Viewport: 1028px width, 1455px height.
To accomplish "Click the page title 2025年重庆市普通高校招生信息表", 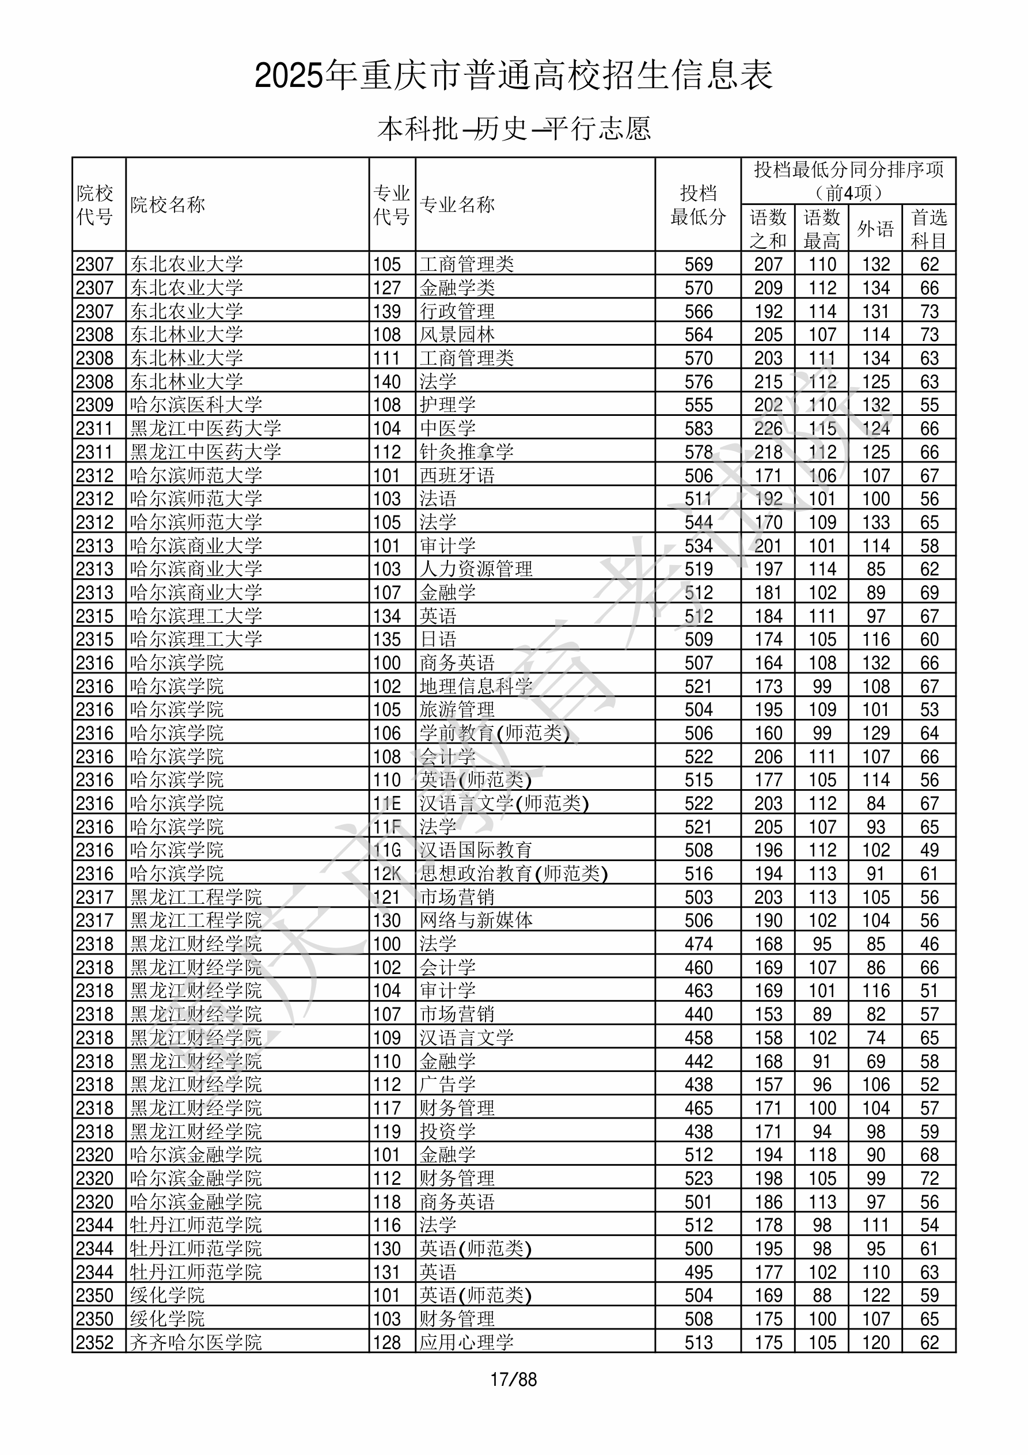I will click(x=513, y=76).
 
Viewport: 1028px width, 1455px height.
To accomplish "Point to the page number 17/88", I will click(x=513, y=1379).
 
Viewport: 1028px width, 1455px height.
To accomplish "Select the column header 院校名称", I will click(x=168, y=204).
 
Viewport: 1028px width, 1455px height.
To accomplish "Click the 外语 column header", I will click(x=875, y=229).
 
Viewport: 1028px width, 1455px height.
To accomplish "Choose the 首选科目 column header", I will click(x=928, y=229).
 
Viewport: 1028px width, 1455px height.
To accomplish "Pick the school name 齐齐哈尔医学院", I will click(x=196, y=1342).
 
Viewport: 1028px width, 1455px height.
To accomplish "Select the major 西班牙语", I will click(x=457, y=475).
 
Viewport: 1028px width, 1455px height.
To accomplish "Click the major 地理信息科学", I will click(x=476, y=686).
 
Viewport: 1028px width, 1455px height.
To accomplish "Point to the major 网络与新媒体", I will click(x=476, y=920).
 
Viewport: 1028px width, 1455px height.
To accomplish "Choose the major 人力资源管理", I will click(x=476, y=569).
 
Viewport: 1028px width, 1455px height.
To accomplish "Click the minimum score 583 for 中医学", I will click(x=699, y=429).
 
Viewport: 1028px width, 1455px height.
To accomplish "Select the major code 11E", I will click(x=386, y=804).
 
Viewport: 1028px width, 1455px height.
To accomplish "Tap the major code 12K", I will click(x=386, y=874).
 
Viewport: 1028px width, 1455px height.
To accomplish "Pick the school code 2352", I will click(x=94, y=1342).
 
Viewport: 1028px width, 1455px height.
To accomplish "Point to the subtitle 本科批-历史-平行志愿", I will click(x=513, y=128).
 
